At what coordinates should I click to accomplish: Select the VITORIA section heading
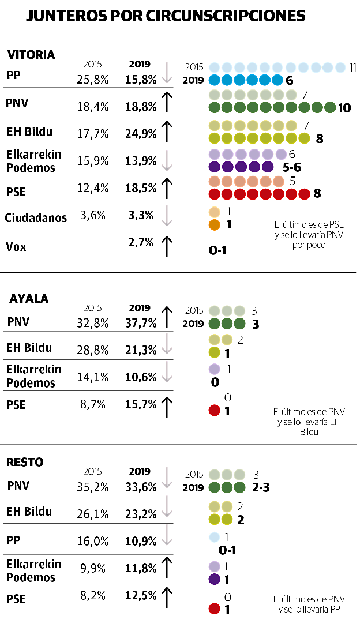pyautogui.click(x=31, y=55)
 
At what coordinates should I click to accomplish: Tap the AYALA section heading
pyautogui.click(x=29, y=299)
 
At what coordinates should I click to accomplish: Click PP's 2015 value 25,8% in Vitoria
pyautogui.click(x=93, y=80)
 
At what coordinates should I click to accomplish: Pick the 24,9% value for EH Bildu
pyautogui.click(x=141, y=135)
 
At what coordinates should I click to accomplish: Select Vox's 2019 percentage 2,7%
pyautogui.click(x=141, y=243)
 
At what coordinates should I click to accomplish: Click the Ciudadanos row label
pyautogui.click(x=36, y=218)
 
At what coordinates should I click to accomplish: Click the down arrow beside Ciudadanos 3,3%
pyautogui.click(x=167, y=217)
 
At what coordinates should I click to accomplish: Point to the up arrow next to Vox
pyautogui.click(x=167, y=246)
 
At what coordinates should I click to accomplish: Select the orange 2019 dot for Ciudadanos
pyautogui.click(x=215, y=224)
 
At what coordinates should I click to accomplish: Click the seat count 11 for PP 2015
pyautogui.click(x=353, y=67)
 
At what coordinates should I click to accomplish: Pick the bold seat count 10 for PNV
pyautogui.click(x=344, y=108)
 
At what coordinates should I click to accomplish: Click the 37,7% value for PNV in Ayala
pyautogui.click(x=141, y=323)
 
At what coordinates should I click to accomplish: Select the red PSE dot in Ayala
pyautogui.click(x=214, y=411)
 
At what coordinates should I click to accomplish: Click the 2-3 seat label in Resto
pyautogui.click(x=261, y=487)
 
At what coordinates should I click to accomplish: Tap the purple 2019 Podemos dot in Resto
pyautogui.click(x=214, y=578)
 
